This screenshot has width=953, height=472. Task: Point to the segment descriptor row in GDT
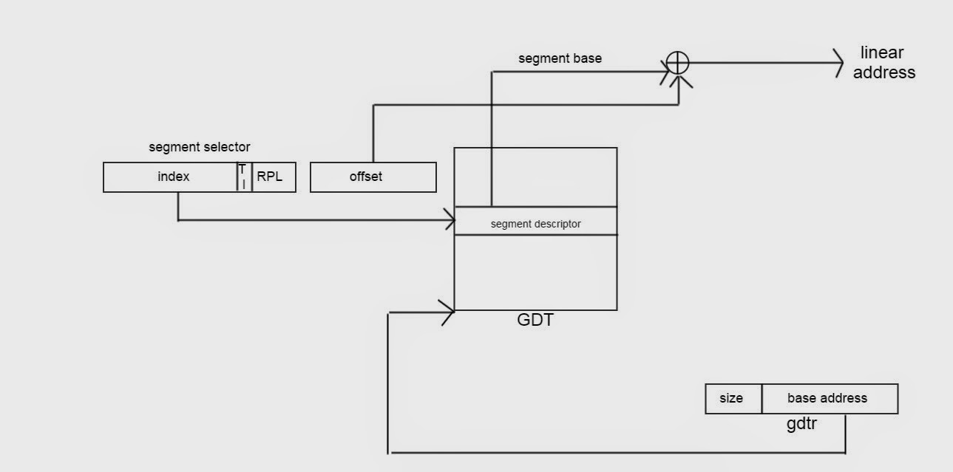tap(535, 223)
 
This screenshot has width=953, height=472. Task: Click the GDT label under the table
tap(535, 321)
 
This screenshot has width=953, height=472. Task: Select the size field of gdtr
tap(733, 398)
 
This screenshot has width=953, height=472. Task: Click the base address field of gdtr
tap(829, 398)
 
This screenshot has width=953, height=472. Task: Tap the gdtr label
tap(801, 424)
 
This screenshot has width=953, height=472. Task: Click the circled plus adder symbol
tap(678, 63)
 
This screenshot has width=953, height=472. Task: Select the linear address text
tap(884, 63)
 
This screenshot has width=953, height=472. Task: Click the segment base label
tap(560, 58)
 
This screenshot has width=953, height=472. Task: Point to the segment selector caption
tap(200, 147)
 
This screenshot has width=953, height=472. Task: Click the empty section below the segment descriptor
tap(535, 272)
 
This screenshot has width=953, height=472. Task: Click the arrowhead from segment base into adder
tap(665, 72)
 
